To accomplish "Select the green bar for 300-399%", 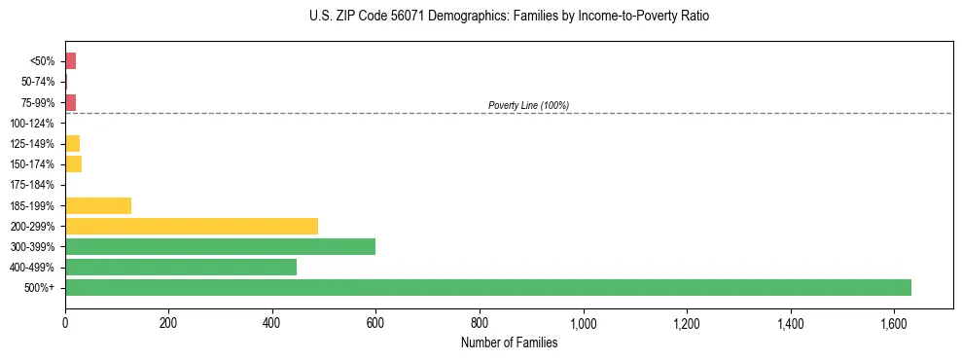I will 220,246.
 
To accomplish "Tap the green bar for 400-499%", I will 181,267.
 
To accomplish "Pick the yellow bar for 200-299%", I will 192,226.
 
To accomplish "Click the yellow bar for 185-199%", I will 98,205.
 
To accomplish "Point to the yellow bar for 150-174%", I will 73,164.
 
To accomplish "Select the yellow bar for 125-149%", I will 72,144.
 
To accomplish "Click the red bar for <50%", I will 70,61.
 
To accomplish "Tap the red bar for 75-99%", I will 70,102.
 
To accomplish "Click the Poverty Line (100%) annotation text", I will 528,105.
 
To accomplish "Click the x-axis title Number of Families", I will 509,342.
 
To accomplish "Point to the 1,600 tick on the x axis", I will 894,322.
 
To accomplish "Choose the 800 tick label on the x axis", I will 480,322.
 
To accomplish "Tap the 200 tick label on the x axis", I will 168,322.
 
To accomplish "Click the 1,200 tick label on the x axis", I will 687,322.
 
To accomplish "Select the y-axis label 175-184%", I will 32,185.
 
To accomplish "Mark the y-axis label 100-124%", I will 32,124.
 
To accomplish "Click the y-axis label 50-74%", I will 38,82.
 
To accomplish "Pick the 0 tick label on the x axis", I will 65,322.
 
